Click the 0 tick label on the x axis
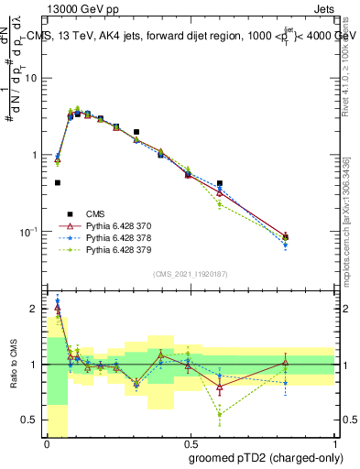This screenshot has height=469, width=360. [47, 443]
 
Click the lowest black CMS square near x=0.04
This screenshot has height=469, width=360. [58, 182]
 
